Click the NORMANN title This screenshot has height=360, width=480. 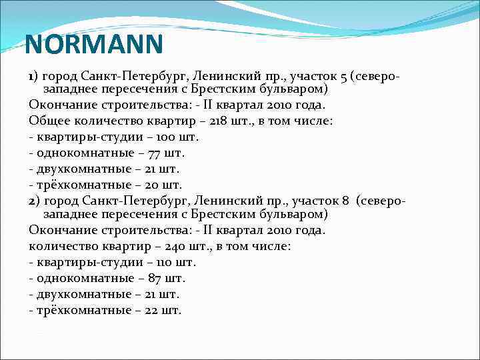point(93,45)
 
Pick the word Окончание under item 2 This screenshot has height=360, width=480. point(59,230)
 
